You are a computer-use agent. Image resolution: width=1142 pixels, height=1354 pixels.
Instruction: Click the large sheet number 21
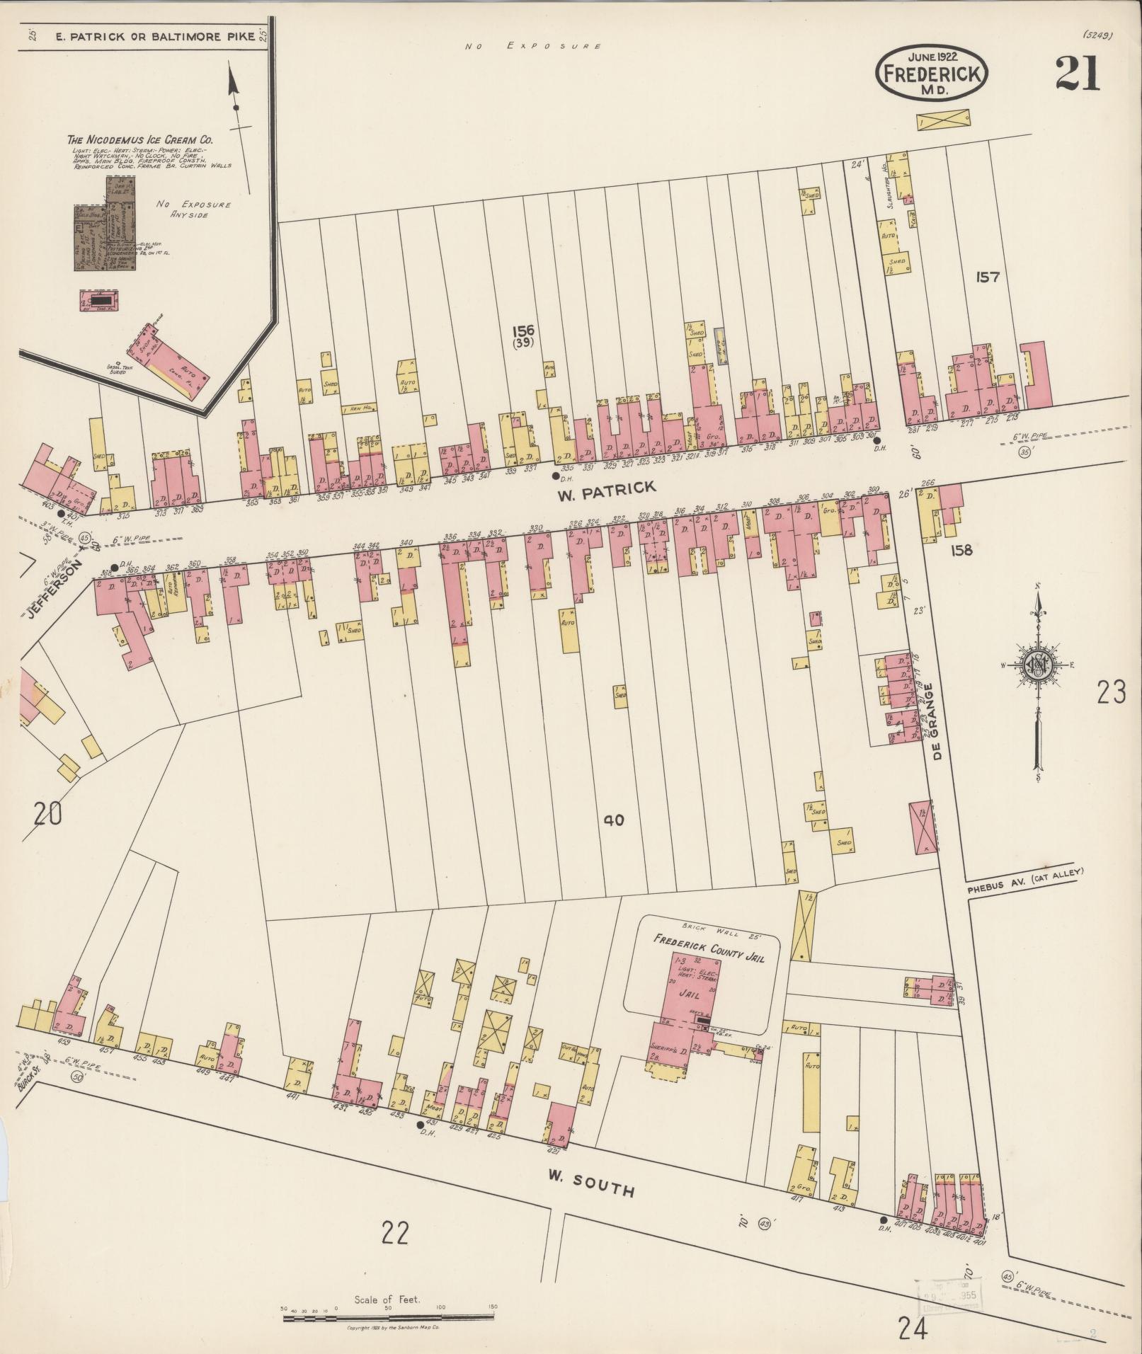click(1078, 74)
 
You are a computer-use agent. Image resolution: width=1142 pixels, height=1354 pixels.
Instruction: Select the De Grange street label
click(938, 721)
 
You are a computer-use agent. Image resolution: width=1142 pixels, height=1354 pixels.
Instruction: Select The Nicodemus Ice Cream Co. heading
click(139, 139)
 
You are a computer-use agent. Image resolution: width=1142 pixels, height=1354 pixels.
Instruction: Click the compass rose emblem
click(1037, 665)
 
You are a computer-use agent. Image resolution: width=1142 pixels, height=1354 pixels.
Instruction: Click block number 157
click(987, 277)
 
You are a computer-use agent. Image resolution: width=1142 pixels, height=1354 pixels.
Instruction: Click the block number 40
click(613, 821)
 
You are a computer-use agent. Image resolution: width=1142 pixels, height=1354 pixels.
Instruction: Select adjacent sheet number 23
click(1111, 692)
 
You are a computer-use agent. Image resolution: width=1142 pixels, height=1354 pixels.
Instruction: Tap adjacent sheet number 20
click(47, 814)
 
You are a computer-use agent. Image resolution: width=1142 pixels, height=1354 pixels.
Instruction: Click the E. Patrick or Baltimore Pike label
click(154, 36)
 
